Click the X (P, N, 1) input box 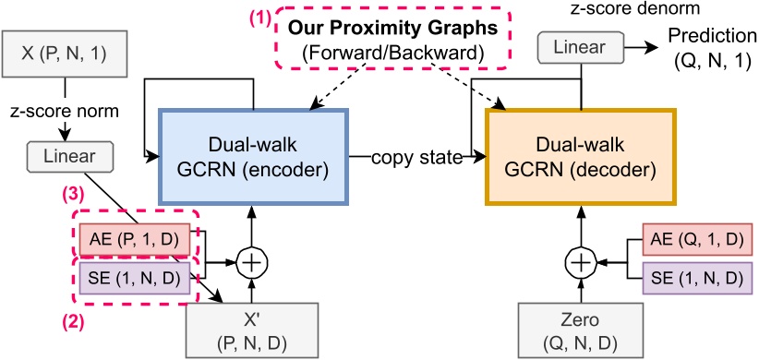(61, 52)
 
